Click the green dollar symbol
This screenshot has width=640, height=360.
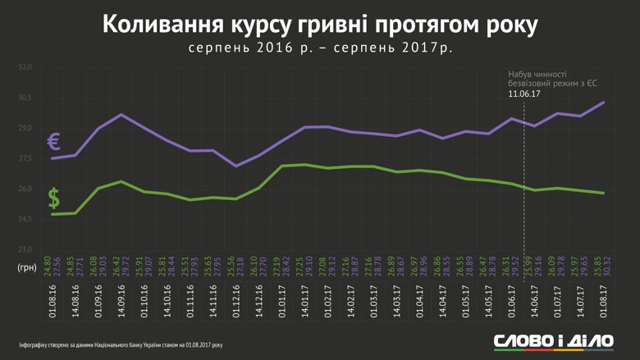coord(53,198)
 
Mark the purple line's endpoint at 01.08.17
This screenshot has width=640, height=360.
coord(604,103)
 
